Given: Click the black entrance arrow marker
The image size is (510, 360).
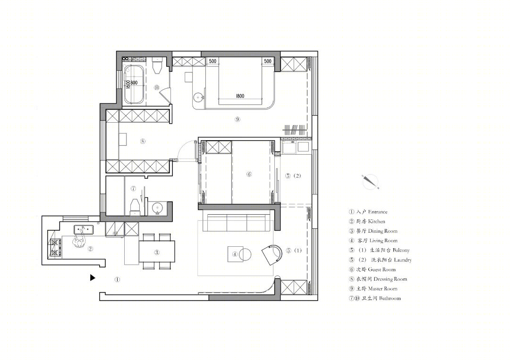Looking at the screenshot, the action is (x=93, y=278).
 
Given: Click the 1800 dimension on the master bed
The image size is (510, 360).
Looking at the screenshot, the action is (x=240, y=96).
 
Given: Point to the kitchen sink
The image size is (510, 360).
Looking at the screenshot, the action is (x=84, y=229).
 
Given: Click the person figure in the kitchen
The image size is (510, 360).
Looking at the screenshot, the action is (x=79, y=242).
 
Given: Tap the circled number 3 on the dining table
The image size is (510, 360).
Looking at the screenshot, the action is (x=157, y=252).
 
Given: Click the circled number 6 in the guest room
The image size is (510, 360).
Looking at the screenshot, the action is (x=249, y=174).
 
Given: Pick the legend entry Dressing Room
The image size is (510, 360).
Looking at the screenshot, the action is (x=378, y=279).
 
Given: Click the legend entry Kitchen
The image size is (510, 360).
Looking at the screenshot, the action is (x=367, y=222).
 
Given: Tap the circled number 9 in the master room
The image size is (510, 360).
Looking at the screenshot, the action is (x=238, y=119).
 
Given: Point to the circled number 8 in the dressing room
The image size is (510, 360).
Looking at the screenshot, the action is (x=143, y=141).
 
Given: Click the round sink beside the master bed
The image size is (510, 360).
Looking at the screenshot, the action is (x=198, y=97).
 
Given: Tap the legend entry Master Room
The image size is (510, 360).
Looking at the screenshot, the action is (x=373, y=289).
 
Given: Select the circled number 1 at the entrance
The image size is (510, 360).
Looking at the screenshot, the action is (x=117, y=279).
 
